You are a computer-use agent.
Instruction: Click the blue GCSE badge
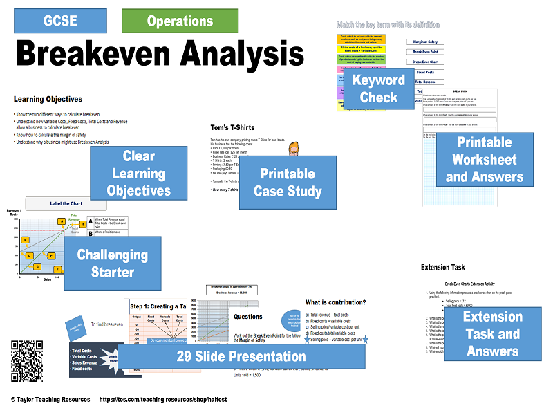coord(60,21)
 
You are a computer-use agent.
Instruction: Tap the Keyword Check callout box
coord(379,89)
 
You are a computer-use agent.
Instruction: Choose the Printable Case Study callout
coord(288,182)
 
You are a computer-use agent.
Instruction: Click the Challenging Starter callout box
coord(112,264)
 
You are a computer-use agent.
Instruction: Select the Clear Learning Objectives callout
coord(138,173)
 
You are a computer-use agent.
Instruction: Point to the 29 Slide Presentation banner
coord(241,357)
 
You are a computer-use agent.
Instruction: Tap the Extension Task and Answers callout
coord(492,333)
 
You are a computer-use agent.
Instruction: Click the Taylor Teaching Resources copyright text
coord(50,400)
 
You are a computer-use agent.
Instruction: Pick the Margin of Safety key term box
coord(424,41)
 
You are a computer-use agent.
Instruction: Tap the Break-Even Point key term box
coord(424,52)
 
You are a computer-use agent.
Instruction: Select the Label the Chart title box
coord(66,204)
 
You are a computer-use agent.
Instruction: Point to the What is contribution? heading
coord(335,302)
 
